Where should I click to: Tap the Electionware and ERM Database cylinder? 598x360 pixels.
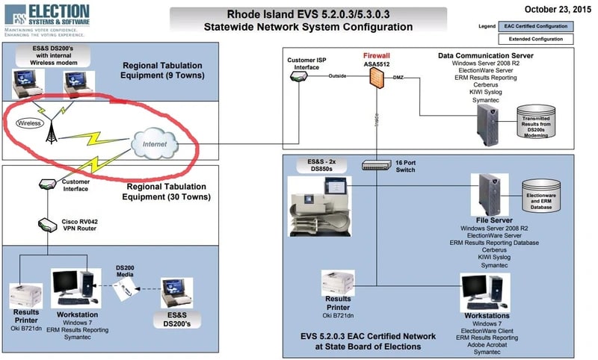[x=543, y=196]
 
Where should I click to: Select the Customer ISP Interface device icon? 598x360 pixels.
[x=300, y=76]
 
